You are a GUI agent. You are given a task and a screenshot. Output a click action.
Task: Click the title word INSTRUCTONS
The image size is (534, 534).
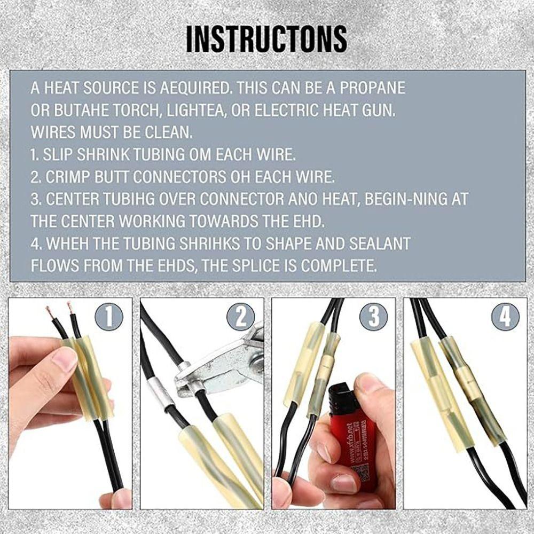click(x=266, y=38)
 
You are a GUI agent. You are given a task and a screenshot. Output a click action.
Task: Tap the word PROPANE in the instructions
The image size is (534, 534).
click(x=373, y=88)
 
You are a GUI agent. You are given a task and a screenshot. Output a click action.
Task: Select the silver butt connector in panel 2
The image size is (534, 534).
click(x=159, y=395)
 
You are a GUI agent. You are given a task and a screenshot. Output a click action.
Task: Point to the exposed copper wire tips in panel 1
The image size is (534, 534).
click(x=60, y=310)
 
